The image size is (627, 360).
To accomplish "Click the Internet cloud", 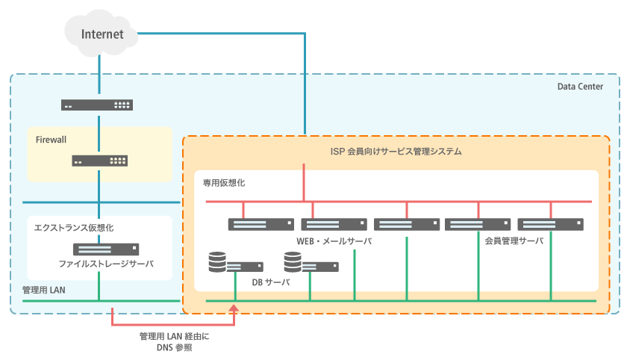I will pyautogui.click(x=101, y=34).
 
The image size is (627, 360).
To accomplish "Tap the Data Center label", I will pyautogui.click(x=580, y=87).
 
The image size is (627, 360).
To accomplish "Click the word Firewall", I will pyautogui.click(x=52, y=139).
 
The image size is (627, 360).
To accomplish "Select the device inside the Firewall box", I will pyautogui.click(x=100, y=161).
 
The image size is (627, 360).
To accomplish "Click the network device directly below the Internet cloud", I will pyautogui.click(x=100, y=105).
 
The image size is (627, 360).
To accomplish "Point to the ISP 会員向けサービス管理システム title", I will pyautogui.click(x=396, y=152).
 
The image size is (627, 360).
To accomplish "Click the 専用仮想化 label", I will pyautogui.click(x=224, y=182).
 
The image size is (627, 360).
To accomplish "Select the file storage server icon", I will pyautogui.click(x=105, y=249).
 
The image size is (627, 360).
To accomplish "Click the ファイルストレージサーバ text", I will pyautogui.click(x=106, y=264).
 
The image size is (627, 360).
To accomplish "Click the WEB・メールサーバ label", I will pyautogui.click(x=334, y=241).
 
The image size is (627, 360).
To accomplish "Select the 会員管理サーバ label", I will pyautogui.click(x=514, y=241).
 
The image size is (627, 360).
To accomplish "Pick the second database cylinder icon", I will pyautogui.click(x=293, y=261).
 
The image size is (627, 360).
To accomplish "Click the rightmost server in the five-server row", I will pyautogui.click(x=550, y=224).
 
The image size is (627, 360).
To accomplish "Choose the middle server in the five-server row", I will pyautogui.click(x=406, y=224).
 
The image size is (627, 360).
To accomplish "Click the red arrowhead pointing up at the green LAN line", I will pyautogui.click(x=235, y=308).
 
